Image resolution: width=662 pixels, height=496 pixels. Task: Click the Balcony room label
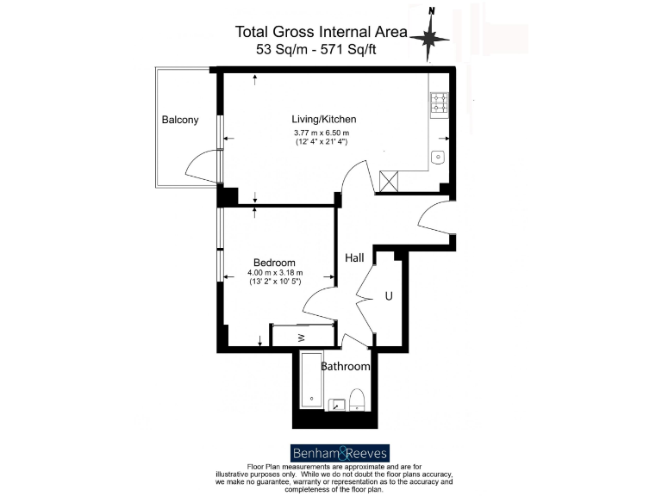pos(180,120)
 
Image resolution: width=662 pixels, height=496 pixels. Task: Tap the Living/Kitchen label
pos(323,119)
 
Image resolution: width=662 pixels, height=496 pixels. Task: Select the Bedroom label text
pos(274,263)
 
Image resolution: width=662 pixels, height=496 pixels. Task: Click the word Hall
pos(354,257)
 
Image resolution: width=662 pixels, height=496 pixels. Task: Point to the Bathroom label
pos(346,367)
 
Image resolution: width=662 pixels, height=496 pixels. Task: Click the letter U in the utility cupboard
pos(389,295)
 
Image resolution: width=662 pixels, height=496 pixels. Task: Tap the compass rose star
pos(428,37)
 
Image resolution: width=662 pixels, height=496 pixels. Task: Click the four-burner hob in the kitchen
pos(439,103)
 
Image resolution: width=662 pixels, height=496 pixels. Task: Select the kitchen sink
pos(438,157)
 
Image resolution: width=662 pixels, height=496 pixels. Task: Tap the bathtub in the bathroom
pos(310,380)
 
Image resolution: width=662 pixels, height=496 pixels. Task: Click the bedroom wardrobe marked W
pos(303,336)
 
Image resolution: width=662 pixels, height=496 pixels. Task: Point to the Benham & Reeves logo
pos(339,452)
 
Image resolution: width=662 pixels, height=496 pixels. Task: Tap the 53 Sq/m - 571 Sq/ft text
pos(315,49)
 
